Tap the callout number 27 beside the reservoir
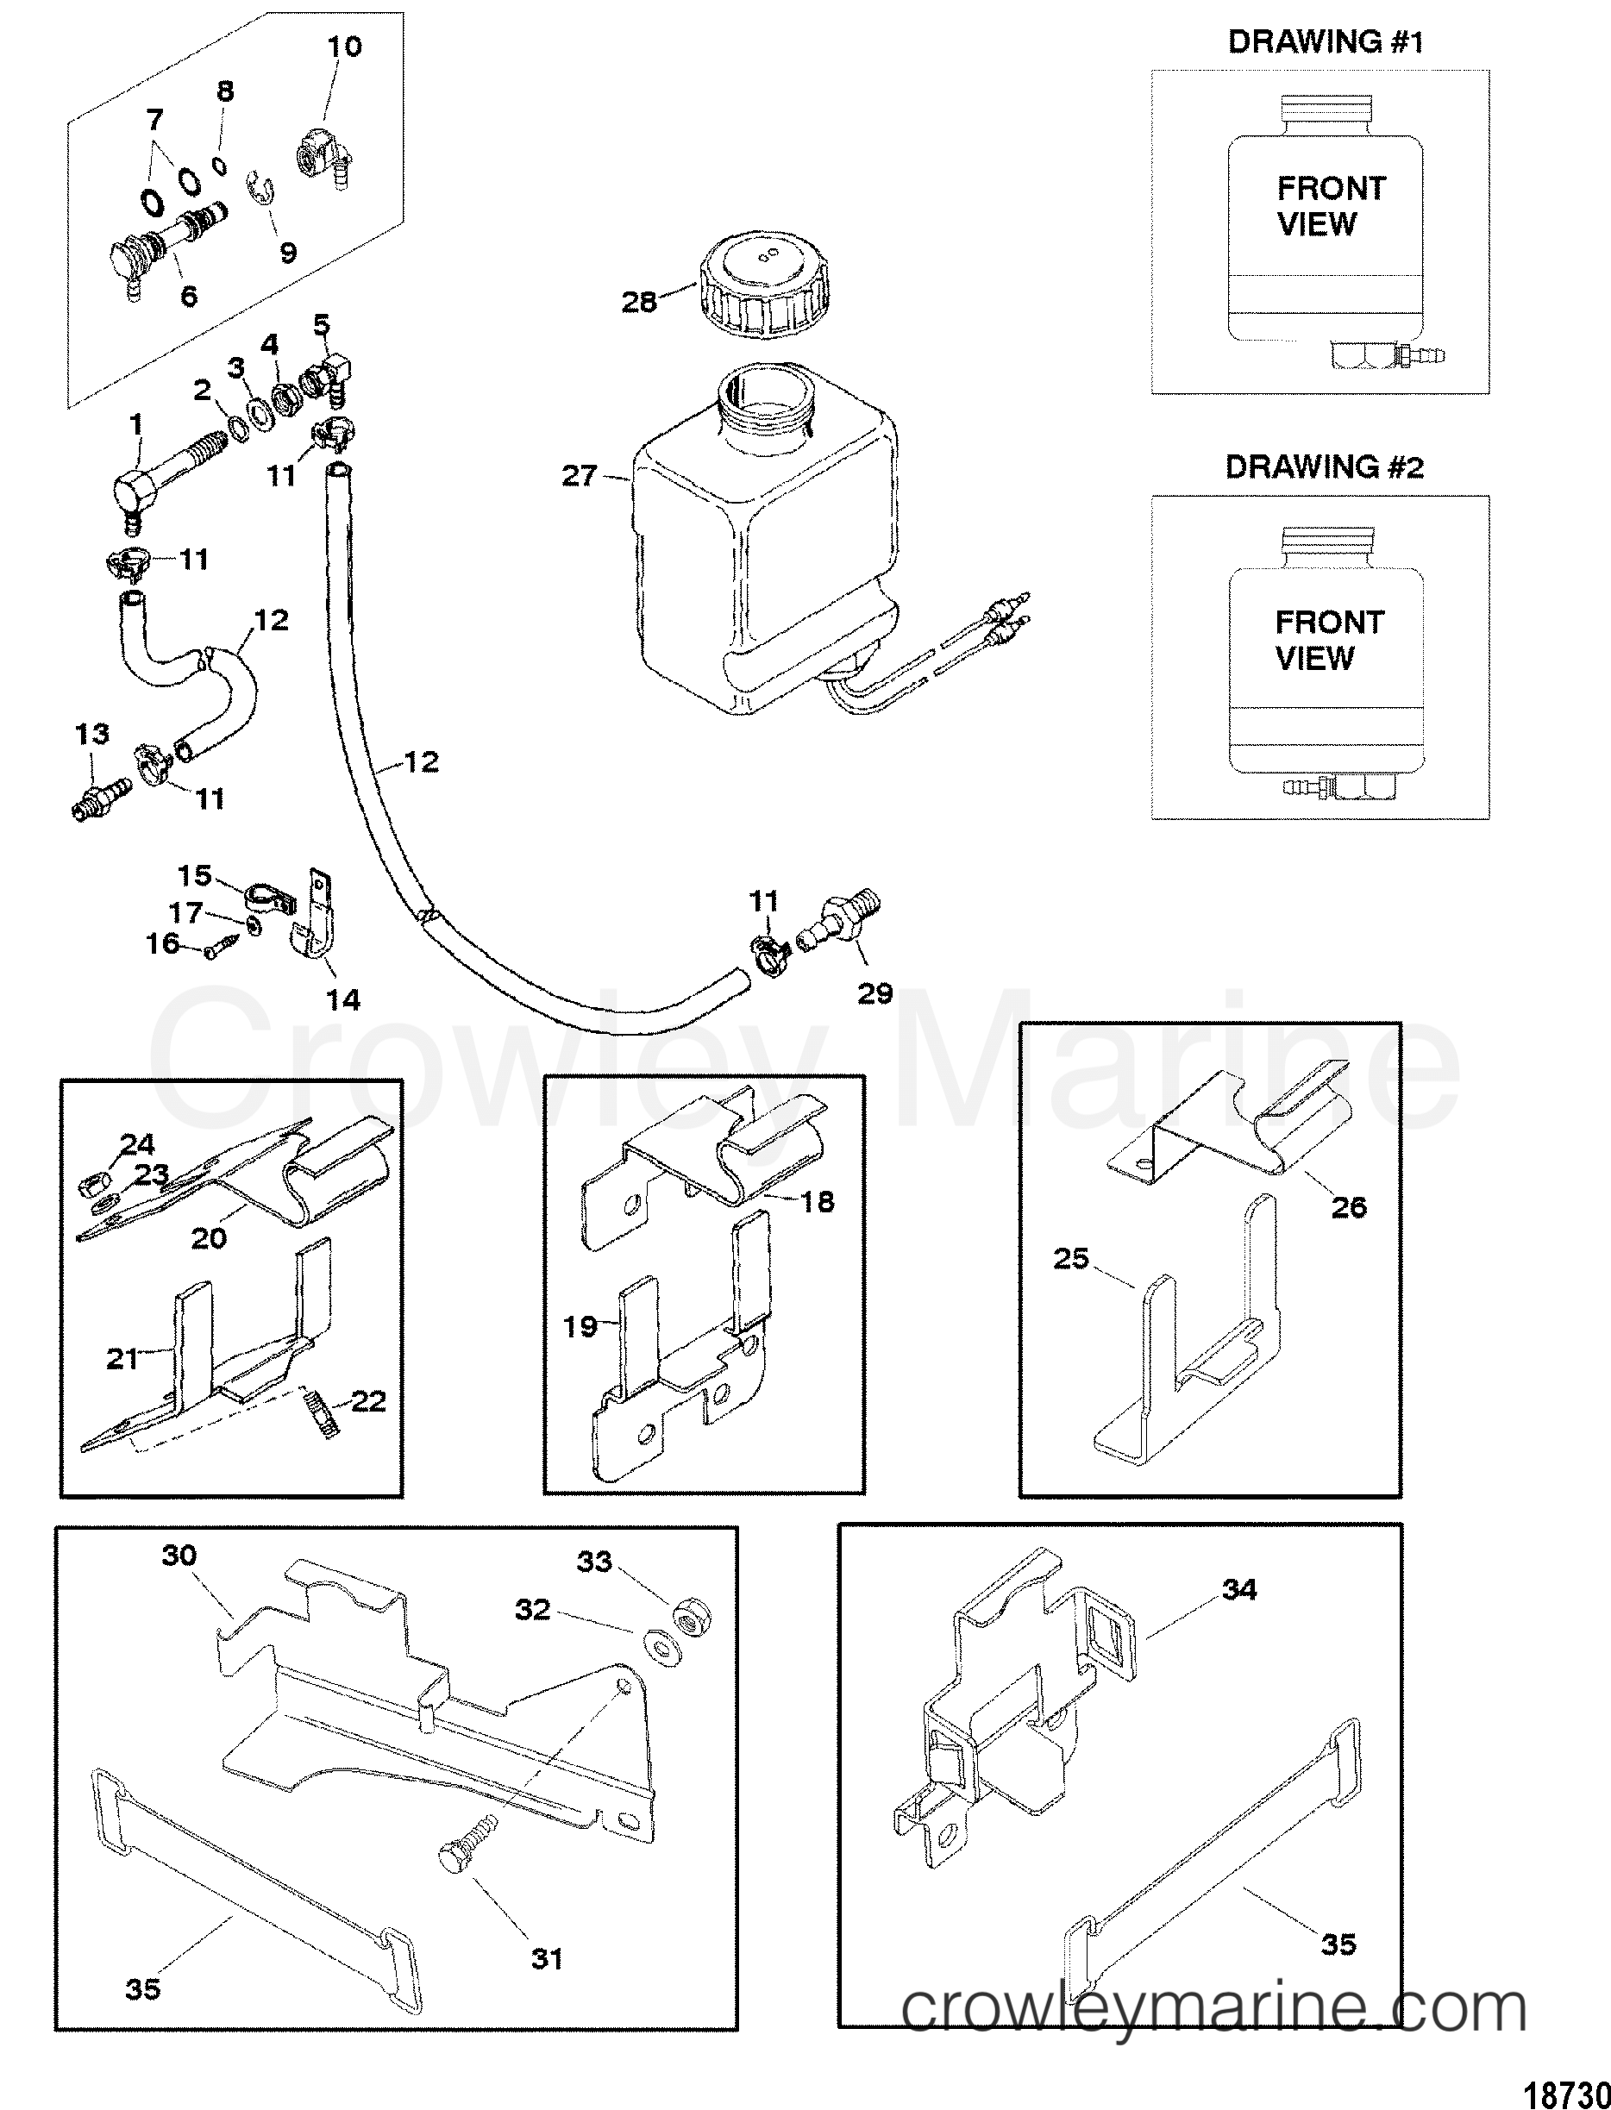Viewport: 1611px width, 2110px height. coord(580,475)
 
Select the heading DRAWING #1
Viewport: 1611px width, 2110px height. coord(1326,42)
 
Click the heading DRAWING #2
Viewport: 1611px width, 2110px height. coord(1326,468)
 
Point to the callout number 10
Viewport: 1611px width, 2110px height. coord(345,46)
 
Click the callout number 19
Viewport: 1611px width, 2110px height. coord(580,1326)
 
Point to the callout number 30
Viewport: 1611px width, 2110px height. coord(179,1555)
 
